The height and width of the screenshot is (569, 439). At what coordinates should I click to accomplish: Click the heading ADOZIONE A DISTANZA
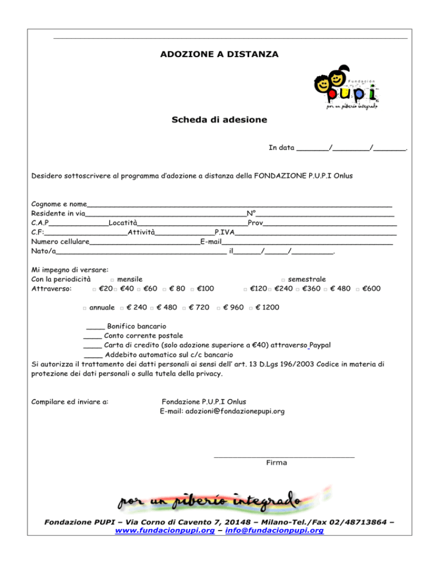(x=219, y=55)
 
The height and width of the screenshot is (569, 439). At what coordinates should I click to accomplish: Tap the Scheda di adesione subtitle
(x=219, y=120)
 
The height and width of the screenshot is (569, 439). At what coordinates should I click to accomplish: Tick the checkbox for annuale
(x=84, y=308)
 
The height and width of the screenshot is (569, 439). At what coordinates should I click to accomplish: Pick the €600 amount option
(x=358, y=289)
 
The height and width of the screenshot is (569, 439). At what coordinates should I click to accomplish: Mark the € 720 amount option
(x=184, y=308)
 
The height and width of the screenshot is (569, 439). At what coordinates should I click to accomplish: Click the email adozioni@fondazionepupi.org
(x=223, y=410)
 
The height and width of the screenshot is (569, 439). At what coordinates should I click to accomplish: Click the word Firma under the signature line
(x=277, y=463)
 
